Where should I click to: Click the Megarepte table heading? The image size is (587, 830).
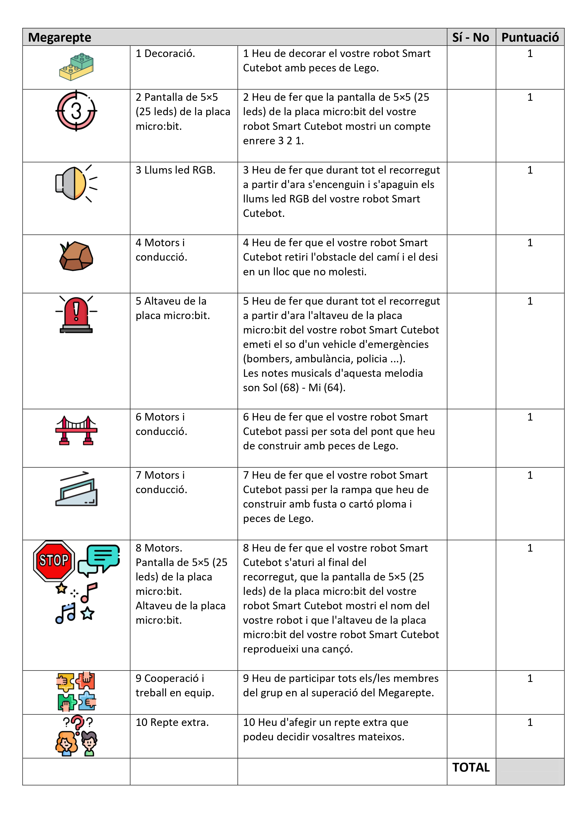click(60, 37)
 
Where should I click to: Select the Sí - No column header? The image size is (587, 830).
click(471, 37)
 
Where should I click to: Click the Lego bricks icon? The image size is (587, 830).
click(76, 67)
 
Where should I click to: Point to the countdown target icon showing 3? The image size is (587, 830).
click(76, 111)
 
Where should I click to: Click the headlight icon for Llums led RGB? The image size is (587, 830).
click(75, 183)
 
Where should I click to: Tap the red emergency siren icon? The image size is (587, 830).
click(76, 314)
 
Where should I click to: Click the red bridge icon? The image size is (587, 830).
click(76, 430)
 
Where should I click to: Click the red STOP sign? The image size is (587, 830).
click(54, 561)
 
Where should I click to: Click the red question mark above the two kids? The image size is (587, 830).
click(77, 724)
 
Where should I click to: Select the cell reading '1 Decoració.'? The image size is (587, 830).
click(165, 53)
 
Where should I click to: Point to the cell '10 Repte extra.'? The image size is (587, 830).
click(172, 722)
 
